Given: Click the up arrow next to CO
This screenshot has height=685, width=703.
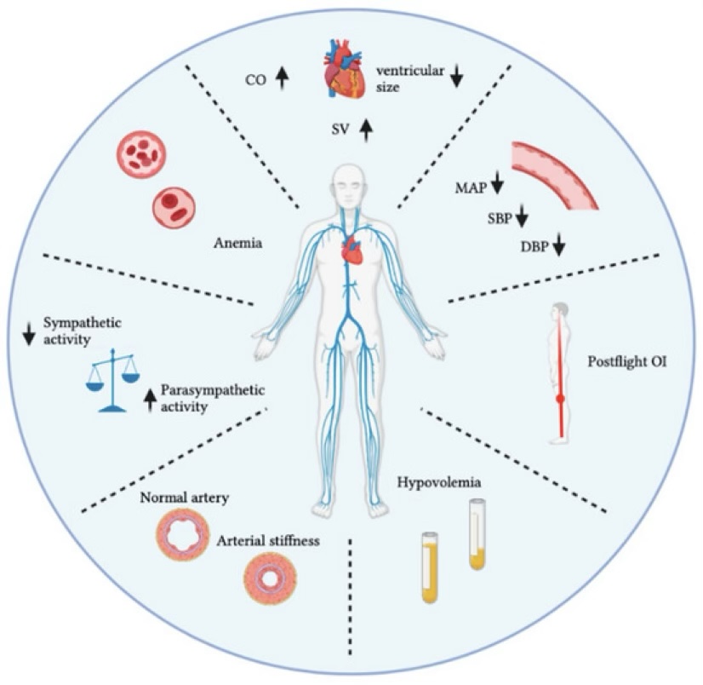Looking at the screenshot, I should tap(283, 79).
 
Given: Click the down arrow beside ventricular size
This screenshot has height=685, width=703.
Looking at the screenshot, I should tap(457, 76).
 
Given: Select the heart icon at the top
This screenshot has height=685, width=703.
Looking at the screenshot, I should tap(346, 73).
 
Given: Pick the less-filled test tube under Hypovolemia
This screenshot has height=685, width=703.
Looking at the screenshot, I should tap(477, 535).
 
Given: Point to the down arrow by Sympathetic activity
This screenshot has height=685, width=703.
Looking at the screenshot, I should tap(28, 330).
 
